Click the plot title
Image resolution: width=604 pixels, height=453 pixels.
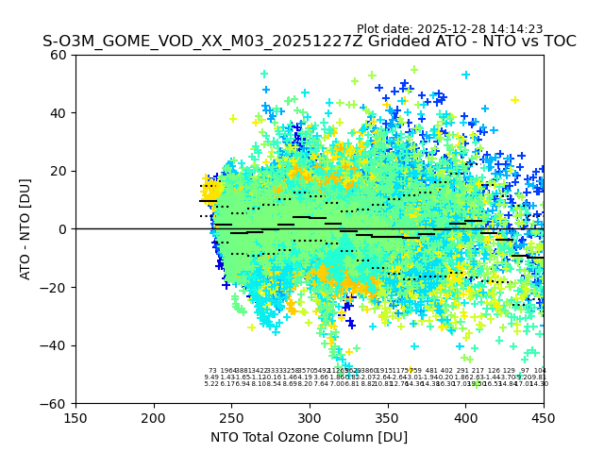click(x=309, y=42)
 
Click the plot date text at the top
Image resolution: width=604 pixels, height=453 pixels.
click(x=449, y=29)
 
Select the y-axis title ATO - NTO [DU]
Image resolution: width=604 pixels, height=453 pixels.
click(x=26, y=228)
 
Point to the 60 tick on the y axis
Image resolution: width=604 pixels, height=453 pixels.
click(x=59, y=55)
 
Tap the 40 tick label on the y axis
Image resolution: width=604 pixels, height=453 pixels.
click(x=59, y=113)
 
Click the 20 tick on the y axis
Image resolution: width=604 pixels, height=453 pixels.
click(x=59, y=171)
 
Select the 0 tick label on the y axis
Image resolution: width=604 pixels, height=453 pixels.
click(x=62, y=229)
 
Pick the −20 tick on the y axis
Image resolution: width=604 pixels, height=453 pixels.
click(x=55, y=287)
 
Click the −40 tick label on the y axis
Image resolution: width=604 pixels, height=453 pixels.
click(x=55, y=345)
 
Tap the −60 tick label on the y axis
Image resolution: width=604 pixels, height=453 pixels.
click(x=55, y=403)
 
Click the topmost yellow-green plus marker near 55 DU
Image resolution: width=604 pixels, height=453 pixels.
click(x=413, y=69)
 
